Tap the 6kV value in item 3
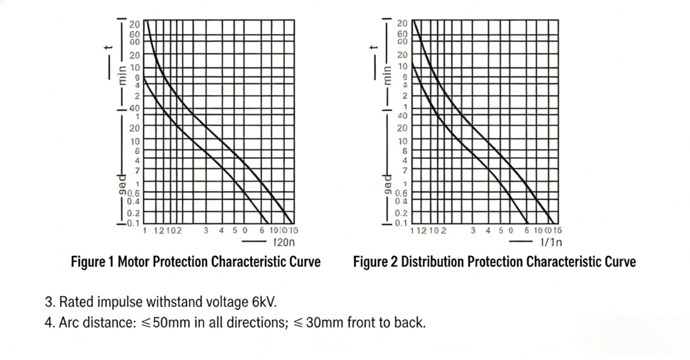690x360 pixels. (x=264, y=302)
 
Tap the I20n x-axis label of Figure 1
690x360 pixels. (x=285, y=243)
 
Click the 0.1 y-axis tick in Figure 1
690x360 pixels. (x=132, y=223)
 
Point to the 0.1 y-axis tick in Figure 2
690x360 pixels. (x=401, y=223)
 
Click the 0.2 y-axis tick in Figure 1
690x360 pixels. (x=132, y=213)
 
